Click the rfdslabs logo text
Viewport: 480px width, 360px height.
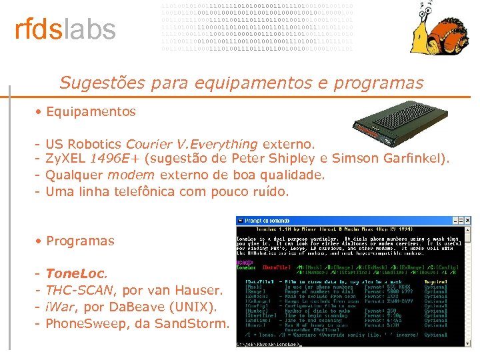[x=65, y=30]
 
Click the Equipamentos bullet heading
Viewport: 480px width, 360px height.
[x=91, y=111]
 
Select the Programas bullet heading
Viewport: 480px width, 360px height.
[x=80, y=241]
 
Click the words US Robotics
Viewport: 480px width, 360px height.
[x=84, y=144]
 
